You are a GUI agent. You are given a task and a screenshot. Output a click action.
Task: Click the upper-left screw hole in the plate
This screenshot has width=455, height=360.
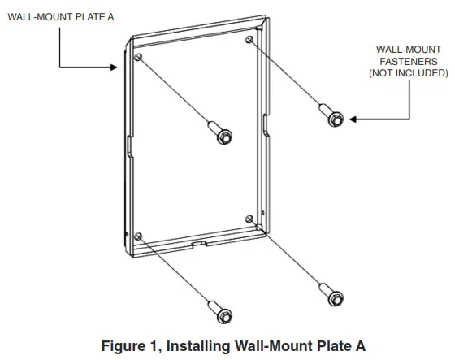(x=139, y=56)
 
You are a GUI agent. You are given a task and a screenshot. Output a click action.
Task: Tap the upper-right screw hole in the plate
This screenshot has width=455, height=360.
(x=249, y=39)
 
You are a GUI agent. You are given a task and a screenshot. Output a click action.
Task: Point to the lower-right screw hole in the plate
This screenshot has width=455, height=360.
(x=248, y=218)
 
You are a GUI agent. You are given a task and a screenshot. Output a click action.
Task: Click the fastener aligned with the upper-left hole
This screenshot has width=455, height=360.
(x=220, y=133)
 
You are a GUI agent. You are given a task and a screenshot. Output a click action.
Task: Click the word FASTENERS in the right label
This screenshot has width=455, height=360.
(x=408, y=61)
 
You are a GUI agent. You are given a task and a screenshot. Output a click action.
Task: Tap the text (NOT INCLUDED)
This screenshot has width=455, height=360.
(x=408, y=72)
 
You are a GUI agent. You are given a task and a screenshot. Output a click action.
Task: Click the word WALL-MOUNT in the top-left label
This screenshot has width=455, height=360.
(x=37, y=16)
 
